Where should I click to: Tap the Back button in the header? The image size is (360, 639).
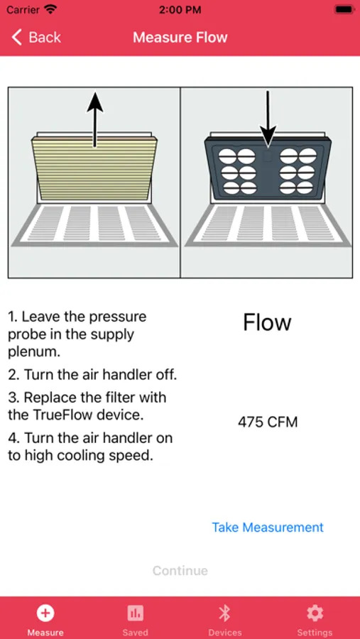pos(36,38)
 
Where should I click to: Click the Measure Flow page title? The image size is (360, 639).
pos(180,38)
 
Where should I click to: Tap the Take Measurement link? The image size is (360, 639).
pos(268,527)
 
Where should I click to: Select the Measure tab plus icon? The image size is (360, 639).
pos(45,613)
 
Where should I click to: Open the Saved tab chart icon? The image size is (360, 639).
pos(135,613)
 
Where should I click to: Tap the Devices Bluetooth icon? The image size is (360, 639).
pos(224,613)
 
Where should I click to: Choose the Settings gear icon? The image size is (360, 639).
pos(315,613)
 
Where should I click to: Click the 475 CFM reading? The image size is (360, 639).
pos(268,422)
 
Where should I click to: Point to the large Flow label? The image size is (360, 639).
pos(267,322)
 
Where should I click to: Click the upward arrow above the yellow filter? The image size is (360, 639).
pos(94,119)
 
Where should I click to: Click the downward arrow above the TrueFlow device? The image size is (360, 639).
pos(268,119)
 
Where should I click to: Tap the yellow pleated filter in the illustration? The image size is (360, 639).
pos(94,168)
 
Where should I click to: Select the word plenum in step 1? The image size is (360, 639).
pos(34,352)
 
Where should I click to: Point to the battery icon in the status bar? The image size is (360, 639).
pos(343,10)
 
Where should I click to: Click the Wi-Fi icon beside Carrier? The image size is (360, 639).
pos(50,9)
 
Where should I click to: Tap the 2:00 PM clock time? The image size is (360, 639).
pos(180,10)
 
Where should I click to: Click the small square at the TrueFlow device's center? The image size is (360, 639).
pos(268,156)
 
